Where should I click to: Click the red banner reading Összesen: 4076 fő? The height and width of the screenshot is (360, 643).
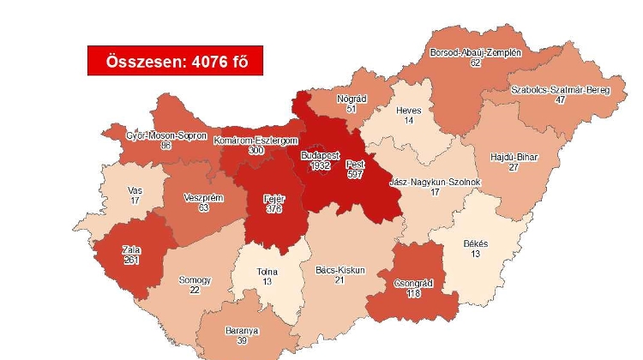[175, 61]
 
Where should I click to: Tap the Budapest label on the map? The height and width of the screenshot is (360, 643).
[319, 155]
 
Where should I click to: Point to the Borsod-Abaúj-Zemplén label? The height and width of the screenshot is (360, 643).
[476, 53]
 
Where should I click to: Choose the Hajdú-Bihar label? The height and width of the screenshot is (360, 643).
[514, 157]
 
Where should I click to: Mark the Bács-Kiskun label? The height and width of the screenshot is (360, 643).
[340, 270]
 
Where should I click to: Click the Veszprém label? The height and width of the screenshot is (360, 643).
[203, 197]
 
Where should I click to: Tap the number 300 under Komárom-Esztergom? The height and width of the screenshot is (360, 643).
[256, 150]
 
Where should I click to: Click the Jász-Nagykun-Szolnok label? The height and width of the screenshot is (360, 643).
[435, 183]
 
